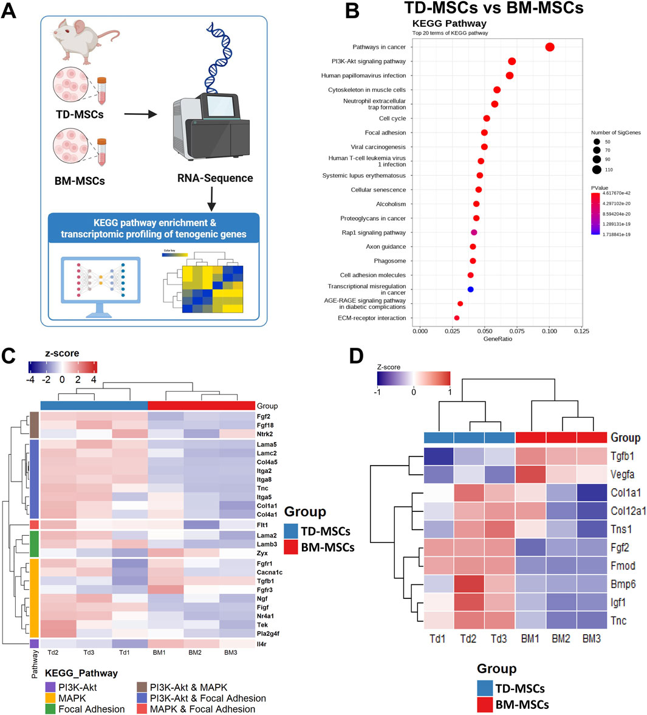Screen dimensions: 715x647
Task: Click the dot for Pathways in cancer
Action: pyautogui.click(x=550, y=47)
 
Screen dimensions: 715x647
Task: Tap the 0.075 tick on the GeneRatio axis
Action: pyautogui.click(x=517, y=331)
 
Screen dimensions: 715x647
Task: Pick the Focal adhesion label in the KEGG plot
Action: pyautogui.click(x=385, y=133)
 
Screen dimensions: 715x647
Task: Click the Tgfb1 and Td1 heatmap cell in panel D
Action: pyautogui.click(x=439, y=457)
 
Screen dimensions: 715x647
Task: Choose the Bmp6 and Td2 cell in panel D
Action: pyautogui.click(x=470, y=584)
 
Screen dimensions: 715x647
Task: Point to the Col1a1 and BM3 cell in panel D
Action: pyautogui.click(x=592, y=492)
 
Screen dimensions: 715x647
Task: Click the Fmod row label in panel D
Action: pyautogui.click(x=623, y=565)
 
